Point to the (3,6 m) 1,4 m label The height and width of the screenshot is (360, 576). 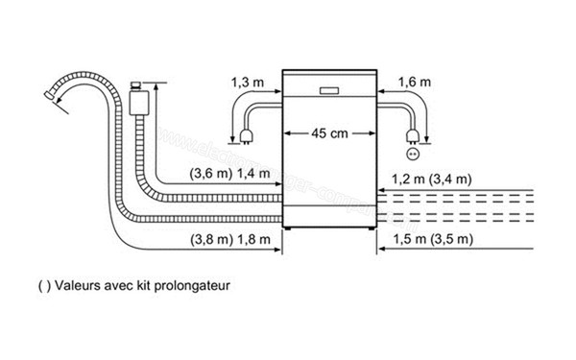[x=216, y=174]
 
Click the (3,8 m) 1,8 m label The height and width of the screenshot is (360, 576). [x=216, y=237]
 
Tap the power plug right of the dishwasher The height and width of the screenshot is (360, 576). [x=414, y=135]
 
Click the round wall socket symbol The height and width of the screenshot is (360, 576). [x=415, y=153]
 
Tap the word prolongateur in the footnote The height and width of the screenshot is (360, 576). [x=196, y=285]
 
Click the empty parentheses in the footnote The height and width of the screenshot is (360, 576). [x=40, y=285]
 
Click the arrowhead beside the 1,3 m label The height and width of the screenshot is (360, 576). [x=275, y=93]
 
